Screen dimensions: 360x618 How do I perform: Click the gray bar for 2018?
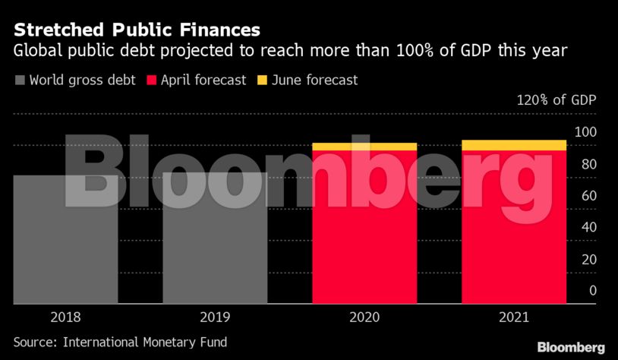pyautogui.click(x=65, y=239)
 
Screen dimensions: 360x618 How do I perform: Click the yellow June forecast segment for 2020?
pyautogui.click(x=364, y=147)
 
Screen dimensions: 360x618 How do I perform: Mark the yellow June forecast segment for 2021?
pyautogui.click(x=514, y=145)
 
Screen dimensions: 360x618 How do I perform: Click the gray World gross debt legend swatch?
pyautogui.click(x=20, y=80)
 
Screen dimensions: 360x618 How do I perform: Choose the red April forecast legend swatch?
pyautogui.click(x=150, y=80)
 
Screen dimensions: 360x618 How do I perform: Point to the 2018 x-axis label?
pyautogui.click(x=65, y=317)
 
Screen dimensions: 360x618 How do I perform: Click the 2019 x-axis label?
pyautogui.click(x=215, y=317)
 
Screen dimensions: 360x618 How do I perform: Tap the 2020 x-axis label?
pyautogui.click(x=364, y=317)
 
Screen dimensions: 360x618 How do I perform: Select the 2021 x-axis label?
pyautogui.click(x=514, y=317)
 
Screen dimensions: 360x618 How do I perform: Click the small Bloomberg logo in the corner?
pyautogui.click(x=570, y=347)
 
